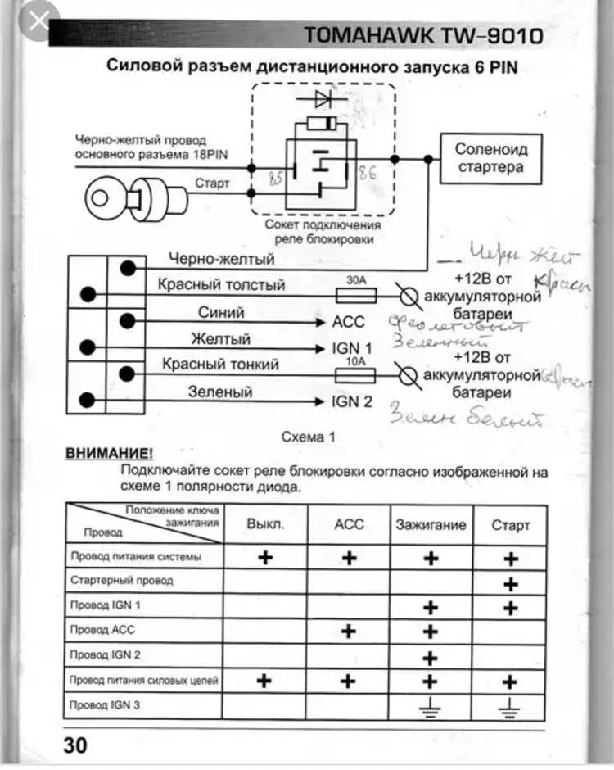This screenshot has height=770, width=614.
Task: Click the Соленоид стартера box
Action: [x=490, y=159]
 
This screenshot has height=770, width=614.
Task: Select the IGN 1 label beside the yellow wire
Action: [x=352, y=349]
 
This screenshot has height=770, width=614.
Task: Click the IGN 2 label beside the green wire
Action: [x=352, y=401]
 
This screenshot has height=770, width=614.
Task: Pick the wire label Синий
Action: [x=221, y=312]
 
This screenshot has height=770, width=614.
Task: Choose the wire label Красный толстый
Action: [x=221, y=285]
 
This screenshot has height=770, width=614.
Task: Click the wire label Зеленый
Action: [x=220, y=392]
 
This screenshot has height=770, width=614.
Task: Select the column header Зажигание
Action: [x=431, y=525]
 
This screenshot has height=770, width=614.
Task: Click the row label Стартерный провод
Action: [x=122, y=581]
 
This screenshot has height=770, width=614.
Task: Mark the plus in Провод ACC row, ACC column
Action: [x=349, y=631]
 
